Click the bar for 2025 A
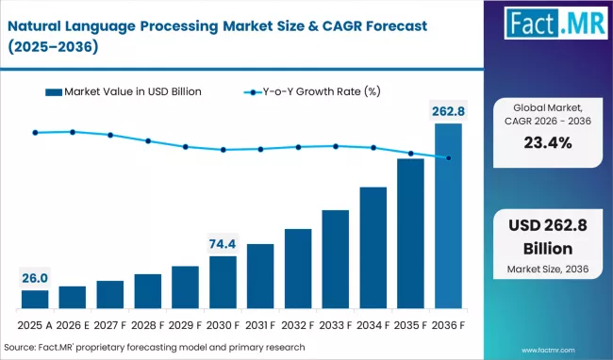coord(35,300)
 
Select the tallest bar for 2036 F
coord(449,217)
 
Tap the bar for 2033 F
coord(336,259)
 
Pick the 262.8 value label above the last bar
coord(449,112)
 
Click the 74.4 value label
coord(224,244)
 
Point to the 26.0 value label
coord(35,278)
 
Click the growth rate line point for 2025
coord(35,133)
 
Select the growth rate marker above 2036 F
coord(449,158)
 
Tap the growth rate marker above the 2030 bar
coord(224,150)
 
